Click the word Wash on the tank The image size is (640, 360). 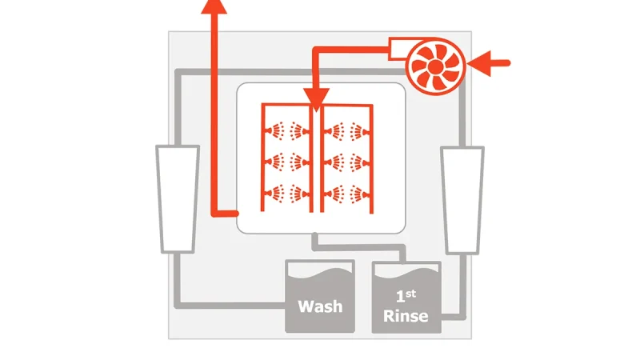click(321, 306)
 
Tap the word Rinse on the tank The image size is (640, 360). click(406, 316)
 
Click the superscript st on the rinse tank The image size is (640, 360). click(411, 294)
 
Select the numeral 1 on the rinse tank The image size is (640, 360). click(401, 296)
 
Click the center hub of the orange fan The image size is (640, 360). click(435, 66)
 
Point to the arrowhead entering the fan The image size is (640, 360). click(478, 63)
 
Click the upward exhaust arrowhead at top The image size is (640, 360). click(214, 6)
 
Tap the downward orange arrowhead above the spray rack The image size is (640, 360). click(316, 99)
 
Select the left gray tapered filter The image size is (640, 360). click(178, 198)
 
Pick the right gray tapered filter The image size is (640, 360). click(462, 200)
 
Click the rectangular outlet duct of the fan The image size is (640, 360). click(398, 49)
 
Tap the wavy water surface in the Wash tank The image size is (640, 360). click(319, 272)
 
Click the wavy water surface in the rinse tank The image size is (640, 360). click(406, 274)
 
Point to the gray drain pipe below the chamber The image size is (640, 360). click(359, 247)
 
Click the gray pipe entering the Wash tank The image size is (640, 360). click(230, 306)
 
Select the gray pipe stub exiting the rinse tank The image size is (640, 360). click(454, 317)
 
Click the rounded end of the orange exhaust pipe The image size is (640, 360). click(235, 213)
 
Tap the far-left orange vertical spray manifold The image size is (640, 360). click(262, 158)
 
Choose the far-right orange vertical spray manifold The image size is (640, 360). click(371, 158)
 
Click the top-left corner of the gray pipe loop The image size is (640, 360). click(178, 72)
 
